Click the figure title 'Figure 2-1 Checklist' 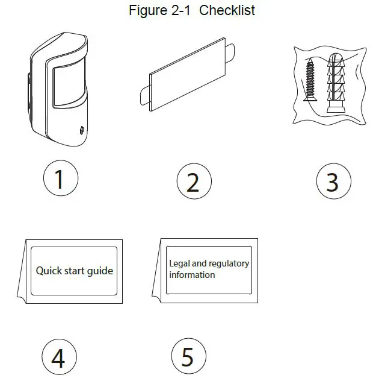click(x=192, y=11)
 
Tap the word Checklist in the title click(x=227, y=11)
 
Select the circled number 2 click(x=193, y=181)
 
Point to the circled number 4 click(x=58, y=358)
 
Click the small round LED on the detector click(x=80, y=129)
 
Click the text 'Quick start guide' click(x=74, y=271)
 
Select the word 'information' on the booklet click(x=192, y=275)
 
